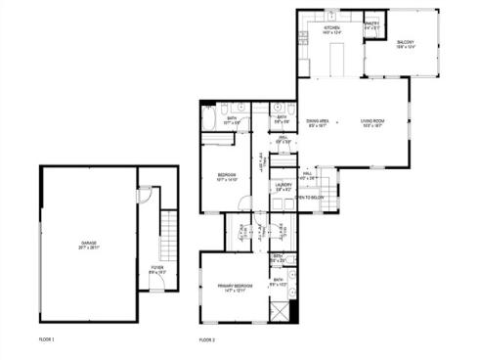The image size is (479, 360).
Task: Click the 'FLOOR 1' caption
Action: pos(47,339)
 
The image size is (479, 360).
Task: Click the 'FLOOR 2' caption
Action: pos(207,339)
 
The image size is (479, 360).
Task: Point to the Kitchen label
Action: pos(331,29)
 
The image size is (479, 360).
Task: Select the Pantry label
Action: pos(372,26)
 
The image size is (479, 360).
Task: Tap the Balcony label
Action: pos(406,44)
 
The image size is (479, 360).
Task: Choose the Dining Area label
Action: pos(319,122)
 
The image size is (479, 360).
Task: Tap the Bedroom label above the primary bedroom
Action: pos(226,177)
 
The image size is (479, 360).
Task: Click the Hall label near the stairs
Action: pos(306,178)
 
